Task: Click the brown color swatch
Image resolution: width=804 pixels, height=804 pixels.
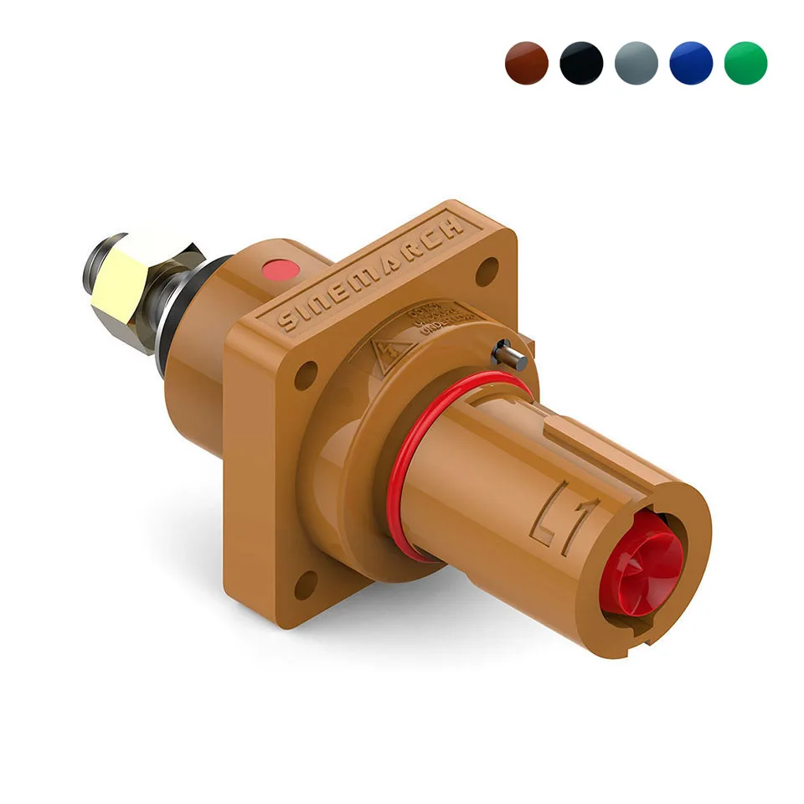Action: click(x=527, y=63)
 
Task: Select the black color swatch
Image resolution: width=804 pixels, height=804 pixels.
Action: click(x=581, y=63)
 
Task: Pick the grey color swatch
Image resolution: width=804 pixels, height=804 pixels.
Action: click(x=636, y=63)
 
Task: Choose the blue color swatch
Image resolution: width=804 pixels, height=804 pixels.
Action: click(x=691, y=63)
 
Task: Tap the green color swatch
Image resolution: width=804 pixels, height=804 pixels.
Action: click(x=745, y=63)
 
